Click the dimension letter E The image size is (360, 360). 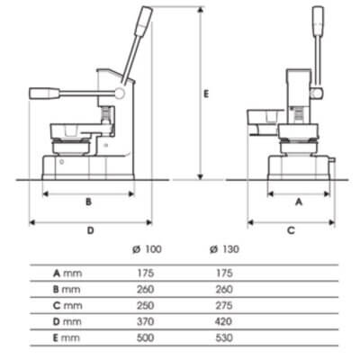pyautogui.click(x=206, y=93)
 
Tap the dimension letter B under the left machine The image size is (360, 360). pyautogui.click(x=87, y=202)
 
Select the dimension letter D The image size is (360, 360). pyautogui.click(x=91, y=230)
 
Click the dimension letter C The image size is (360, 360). pyautogui.click(x=291, y=230)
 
